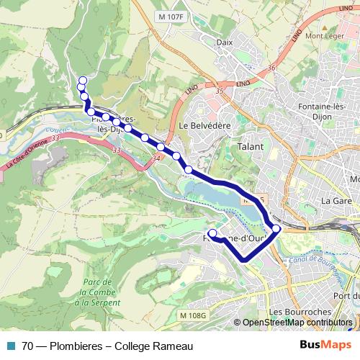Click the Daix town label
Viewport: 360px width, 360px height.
tap(225, 42)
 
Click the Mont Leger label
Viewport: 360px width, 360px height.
tap(323, 36)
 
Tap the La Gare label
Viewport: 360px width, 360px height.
tap(335, 200)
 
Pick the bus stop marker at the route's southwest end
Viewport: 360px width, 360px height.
tap(212, 233)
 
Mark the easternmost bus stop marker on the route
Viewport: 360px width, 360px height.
tap(276, 229)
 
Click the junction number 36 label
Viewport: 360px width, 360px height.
tap(271, 68)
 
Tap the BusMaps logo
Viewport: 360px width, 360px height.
tap(325, 345)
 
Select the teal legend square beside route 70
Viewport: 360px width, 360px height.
tap(9, 346)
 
